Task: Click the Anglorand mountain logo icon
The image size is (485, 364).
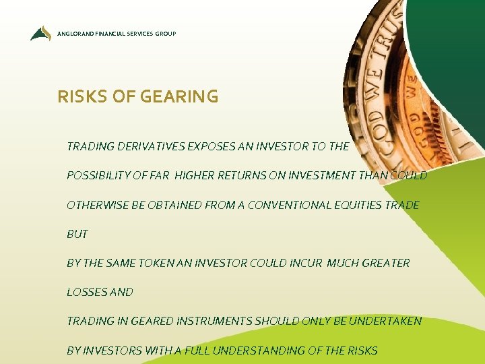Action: pos(40,33)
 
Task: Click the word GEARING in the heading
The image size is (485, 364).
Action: pos(179,97)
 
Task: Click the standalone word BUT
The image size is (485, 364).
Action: pos(77,234)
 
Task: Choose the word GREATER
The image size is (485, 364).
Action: pos(385,263)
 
